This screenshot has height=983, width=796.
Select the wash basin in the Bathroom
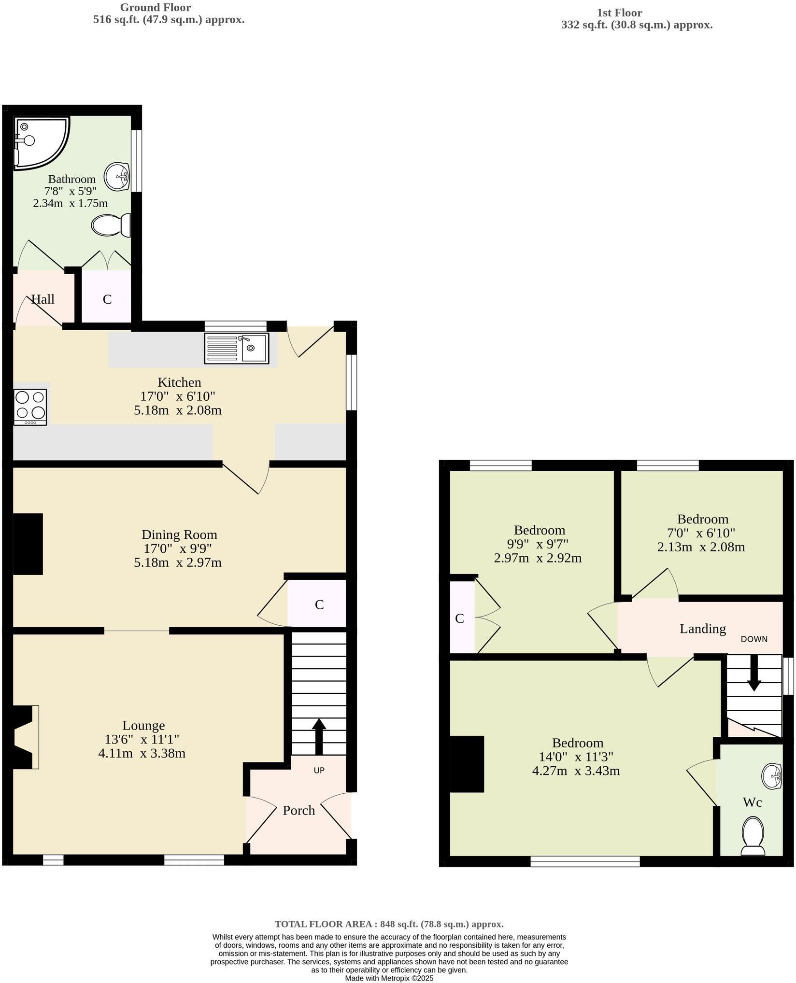[117, 176]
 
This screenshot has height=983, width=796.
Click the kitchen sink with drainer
[237, 349]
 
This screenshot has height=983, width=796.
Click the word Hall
[43, 299]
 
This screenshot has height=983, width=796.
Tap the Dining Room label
[179, 535]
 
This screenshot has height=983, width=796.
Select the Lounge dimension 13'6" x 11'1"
[142, 739]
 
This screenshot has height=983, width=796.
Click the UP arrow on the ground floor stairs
[318, 736]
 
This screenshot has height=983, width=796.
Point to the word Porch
[298, 811]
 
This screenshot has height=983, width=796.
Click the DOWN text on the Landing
[754, 639]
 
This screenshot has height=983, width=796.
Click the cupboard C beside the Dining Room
[319, 604]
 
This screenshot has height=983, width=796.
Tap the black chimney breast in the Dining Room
[28, 544]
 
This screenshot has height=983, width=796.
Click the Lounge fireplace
[25, 737]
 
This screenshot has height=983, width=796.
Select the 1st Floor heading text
[620, 13]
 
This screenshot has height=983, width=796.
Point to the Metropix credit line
[389, 978]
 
